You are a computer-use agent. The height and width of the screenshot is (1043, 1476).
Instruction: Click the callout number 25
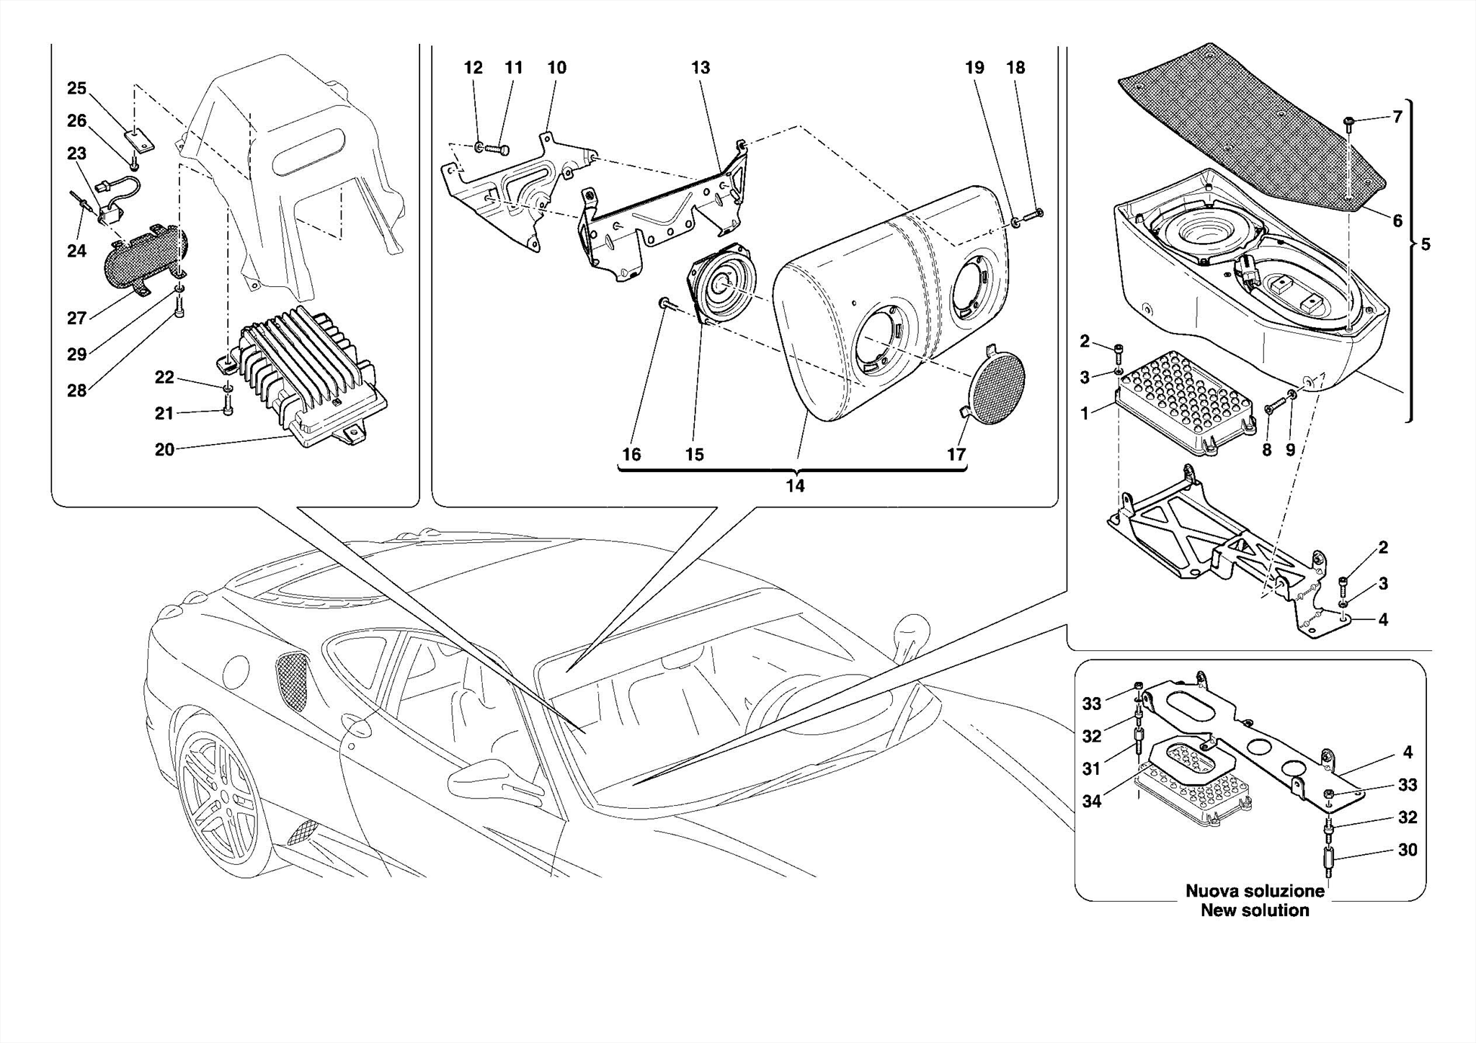pyautogui.click(x=76, y=89)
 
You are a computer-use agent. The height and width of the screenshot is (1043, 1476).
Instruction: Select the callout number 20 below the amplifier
pyautogui.click(x=164, y=450)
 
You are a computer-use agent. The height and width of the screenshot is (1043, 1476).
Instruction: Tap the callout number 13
pyautogui.click(x=700, y=68)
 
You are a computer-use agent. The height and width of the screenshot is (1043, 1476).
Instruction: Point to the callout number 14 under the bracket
pyautogui.click(x=794, y=487)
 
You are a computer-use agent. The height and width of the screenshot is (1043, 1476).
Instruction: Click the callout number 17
pyautogui.click(x=956, y=455)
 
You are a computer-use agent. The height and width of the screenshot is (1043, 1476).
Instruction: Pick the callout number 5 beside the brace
pyautogui.click(x=1425, y=245)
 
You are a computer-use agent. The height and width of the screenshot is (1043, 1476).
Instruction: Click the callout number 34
pyautogui.click(x=1091, y=801)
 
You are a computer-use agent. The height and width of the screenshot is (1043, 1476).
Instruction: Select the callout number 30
pyautogui.click(x=1407, y=851)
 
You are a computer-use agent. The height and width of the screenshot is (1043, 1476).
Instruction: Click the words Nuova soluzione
pyautogui.click(x=1255, y=891)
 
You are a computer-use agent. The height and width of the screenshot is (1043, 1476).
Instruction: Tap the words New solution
pyautogui.click(x=1255, y=910)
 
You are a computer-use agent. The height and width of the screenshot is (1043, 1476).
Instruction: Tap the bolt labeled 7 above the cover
pyautogui.click(x=1349, y=123)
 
